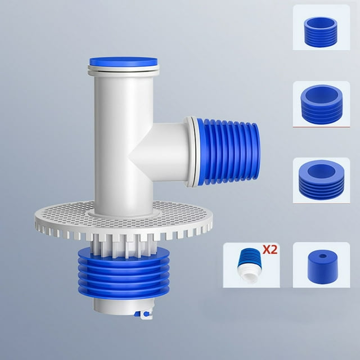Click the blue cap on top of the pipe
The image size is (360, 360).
[x=123, y=61]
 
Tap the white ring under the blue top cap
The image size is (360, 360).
[x=123, y=70]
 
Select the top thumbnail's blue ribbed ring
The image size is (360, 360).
[x=320, y=31]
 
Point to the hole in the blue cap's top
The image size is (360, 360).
[x=321, y=257]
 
